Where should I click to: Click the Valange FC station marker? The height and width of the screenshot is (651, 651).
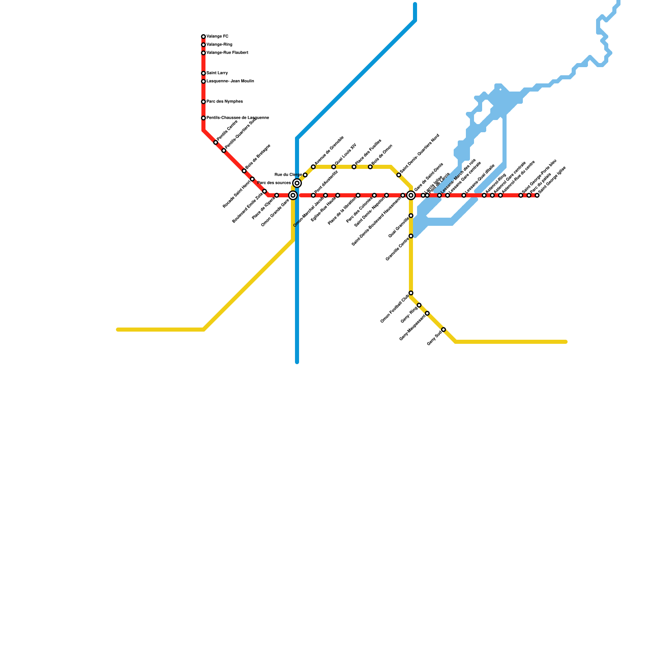[203, 37]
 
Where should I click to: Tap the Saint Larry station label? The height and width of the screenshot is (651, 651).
[217, 73]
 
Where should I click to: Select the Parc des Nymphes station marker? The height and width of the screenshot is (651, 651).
[203, 102]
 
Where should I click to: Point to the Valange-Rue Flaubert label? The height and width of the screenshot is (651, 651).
[227, 53]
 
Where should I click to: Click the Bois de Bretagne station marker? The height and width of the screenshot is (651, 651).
[244, 171]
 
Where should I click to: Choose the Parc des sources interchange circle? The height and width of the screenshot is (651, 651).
[297, 183]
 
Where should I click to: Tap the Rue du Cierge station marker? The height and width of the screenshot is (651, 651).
[305, 175]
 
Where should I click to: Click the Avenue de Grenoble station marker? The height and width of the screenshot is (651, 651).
[313, 167]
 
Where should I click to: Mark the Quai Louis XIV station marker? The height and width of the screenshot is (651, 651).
[334, 167]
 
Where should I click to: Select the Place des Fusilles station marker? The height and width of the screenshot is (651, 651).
[354, 167]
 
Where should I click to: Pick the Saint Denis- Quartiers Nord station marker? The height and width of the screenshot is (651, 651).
[399, 175]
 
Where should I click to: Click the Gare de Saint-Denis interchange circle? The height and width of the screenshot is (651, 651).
[411, 196]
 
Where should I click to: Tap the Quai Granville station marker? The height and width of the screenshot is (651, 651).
[411, 216]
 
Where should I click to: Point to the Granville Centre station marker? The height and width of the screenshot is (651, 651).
[411, 236]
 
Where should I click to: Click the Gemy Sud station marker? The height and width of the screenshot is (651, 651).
[443, 330]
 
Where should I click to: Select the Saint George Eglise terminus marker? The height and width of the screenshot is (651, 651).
[537, 195]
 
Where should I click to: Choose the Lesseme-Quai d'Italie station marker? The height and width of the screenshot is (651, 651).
[464, 195]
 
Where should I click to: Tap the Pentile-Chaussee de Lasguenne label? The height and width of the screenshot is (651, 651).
[238, 118]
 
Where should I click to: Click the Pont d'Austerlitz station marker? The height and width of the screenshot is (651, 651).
[313, 195]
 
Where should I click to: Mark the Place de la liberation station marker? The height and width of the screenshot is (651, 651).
[358, 195]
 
